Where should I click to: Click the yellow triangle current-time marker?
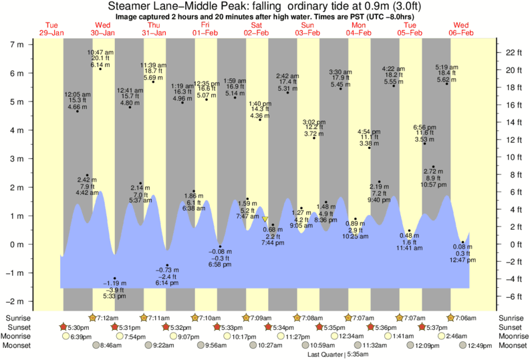click(265, 219)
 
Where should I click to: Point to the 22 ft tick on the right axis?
click(511, 52)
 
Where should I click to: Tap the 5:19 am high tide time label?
click(447, 67)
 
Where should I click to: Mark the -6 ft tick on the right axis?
click(511, 297)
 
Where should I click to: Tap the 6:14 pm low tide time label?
click(167, 283)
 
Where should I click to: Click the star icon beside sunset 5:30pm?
click(64, 327)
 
